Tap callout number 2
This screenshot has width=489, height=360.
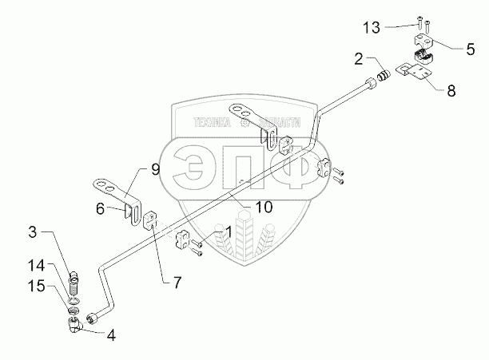tap(360, 58)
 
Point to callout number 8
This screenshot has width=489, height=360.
tap(451, 90)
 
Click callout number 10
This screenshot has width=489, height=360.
tap(264, 208)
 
